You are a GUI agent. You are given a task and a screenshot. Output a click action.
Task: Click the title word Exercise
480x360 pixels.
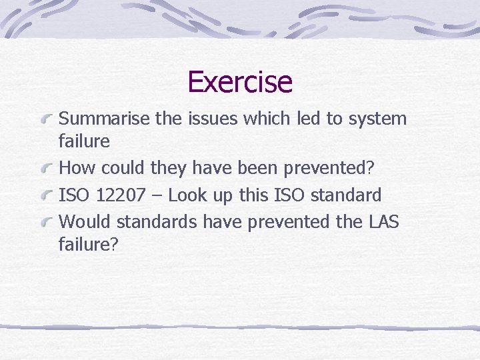tap(240, 82)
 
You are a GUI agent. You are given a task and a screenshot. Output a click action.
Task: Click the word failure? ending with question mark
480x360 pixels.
tap(89, 244)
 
